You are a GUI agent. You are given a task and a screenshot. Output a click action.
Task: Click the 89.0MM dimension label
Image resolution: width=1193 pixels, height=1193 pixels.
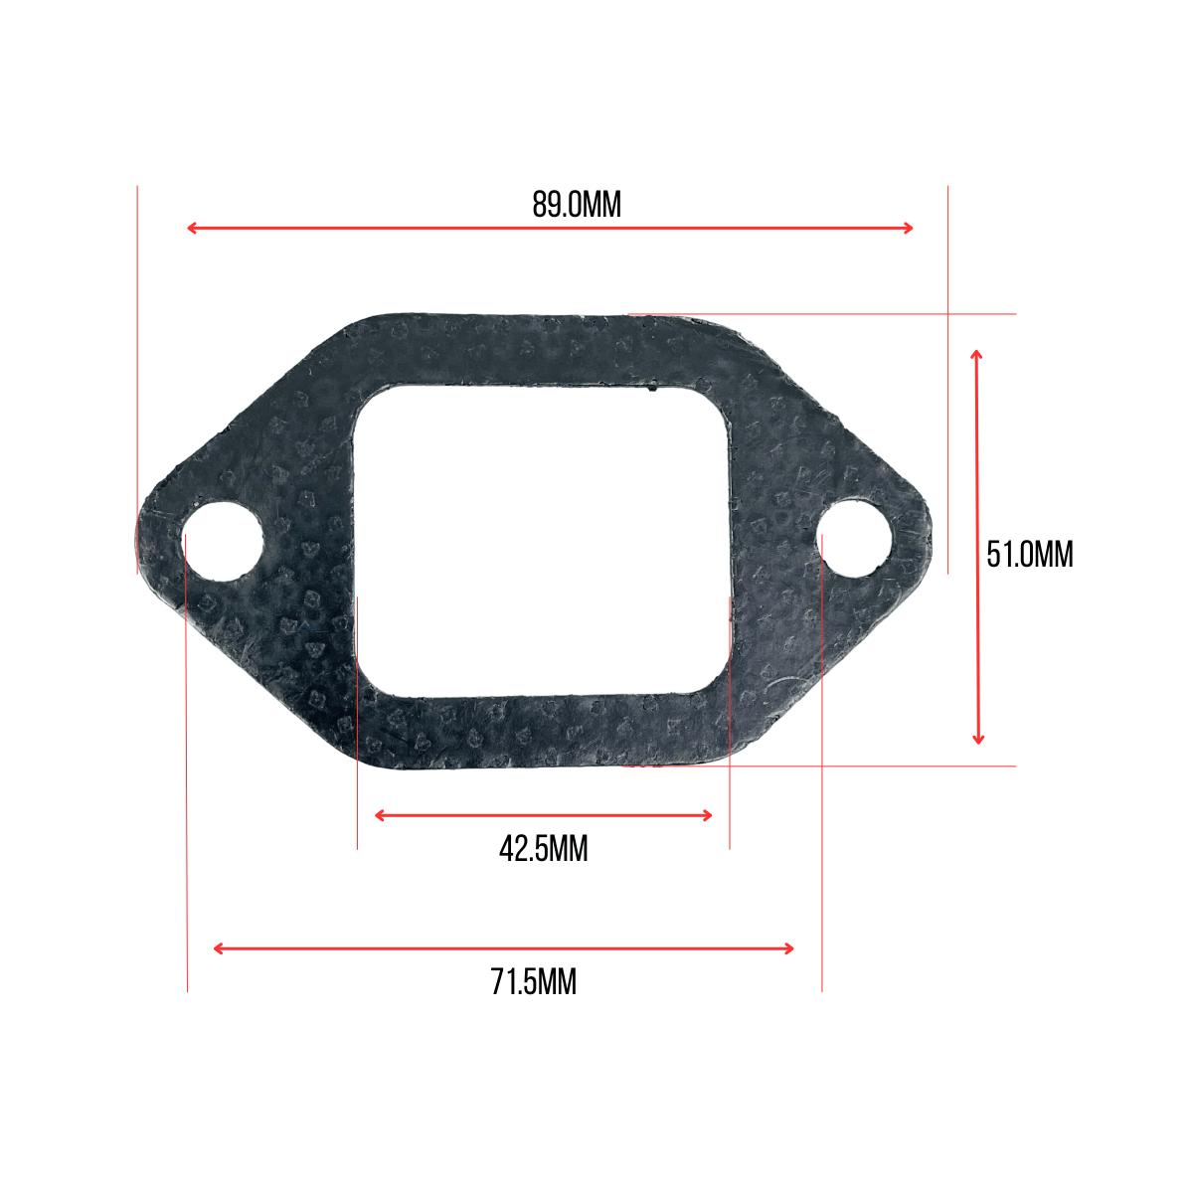tap(576, 205)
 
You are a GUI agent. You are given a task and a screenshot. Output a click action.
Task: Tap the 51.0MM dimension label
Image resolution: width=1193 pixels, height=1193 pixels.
tap(1029, 554)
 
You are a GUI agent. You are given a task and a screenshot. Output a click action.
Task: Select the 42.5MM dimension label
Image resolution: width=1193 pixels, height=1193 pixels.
tap(543, 848)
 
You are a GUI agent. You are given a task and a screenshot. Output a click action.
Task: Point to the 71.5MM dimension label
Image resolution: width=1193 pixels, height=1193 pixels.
tap(533, 981)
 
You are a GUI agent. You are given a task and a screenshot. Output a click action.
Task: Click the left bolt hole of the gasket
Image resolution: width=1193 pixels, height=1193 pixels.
tap(223, 542)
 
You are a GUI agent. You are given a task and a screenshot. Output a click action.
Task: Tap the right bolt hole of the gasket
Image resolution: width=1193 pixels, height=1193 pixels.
tap(855, 538)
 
